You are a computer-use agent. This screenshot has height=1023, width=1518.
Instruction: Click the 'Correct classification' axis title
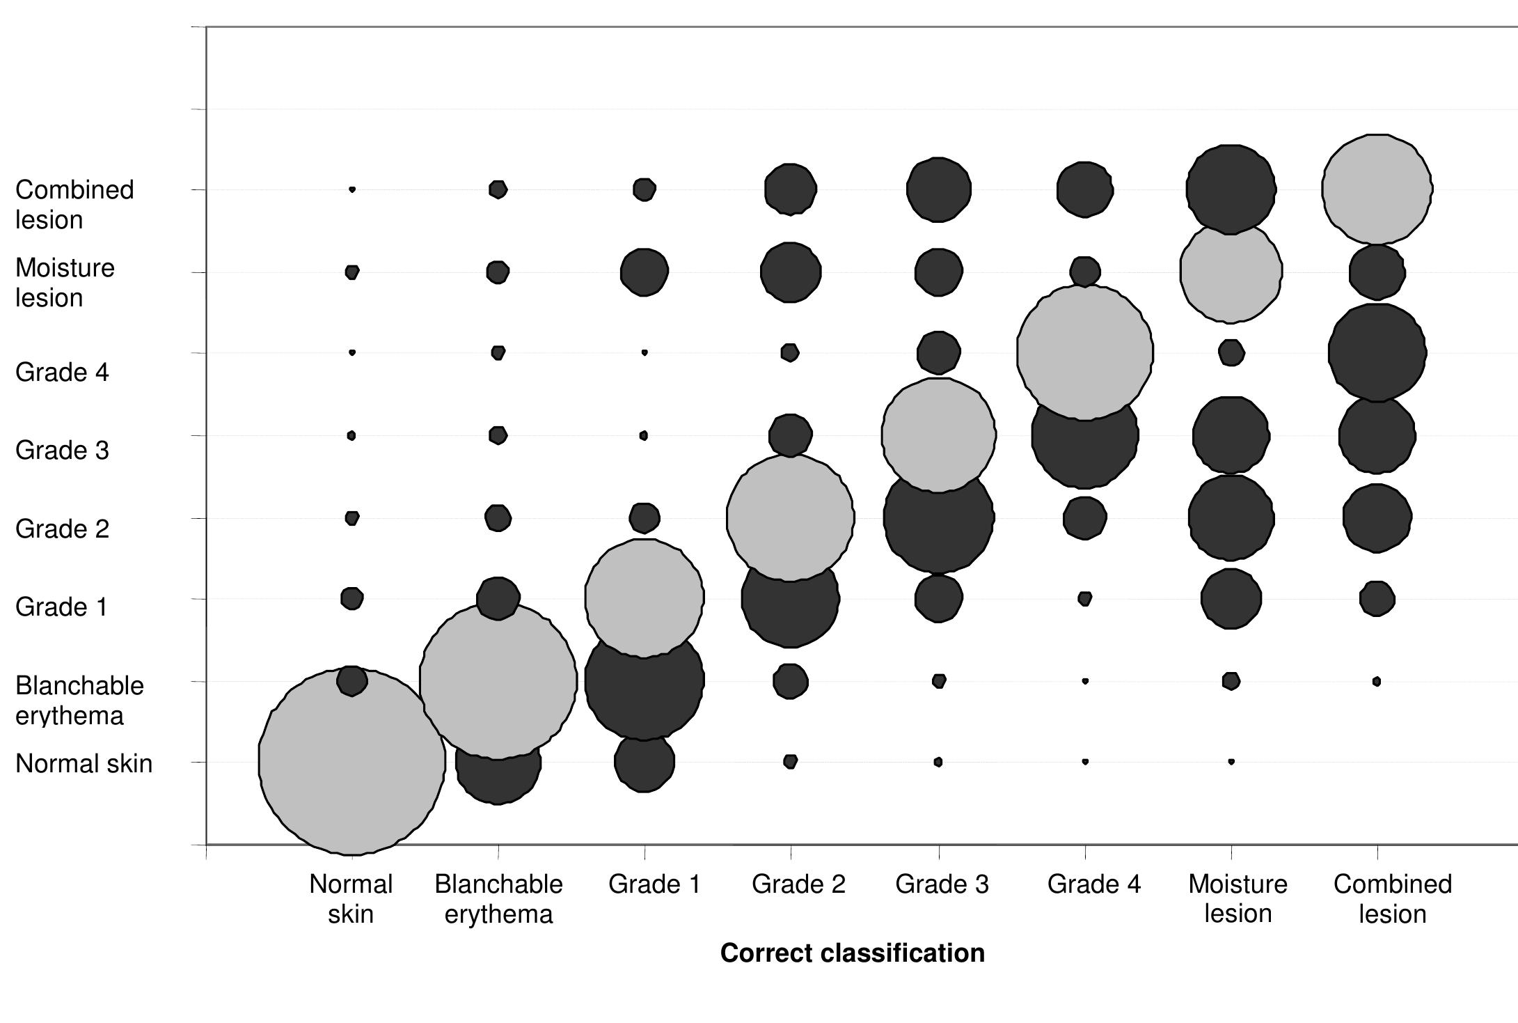point(852,953)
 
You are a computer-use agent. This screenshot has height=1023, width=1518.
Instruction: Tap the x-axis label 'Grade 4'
point(1093,884)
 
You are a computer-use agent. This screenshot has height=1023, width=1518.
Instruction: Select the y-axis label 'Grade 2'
point(62,529)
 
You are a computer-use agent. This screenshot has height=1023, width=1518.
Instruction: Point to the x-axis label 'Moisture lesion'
point(1238,898)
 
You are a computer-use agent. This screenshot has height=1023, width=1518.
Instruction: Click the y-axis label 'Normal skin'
point(84,763)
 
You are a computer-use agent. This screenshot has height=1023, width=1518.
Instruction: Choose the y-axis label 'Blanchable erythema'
point(79,700)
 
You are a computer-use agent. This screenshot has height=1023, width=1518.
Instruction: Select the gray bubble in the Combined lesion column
point(1377,189)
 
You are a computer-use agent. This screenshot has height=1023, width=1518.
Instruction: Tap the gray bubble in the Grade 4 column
point(1084,352)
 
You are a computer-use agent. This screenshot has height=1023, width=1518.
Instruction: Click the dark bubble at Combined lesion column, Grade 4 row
point(1377,352)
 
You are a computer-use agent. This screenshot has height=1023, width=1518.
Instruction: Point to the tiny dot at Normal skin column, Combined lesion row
point(352,189)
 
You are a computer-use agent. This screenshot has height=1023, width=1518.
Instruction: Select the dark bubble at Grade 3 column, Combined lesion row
point(938,189)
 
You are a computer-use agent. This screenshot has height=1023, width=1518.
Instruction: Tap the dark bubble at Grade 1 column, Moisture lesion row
point(644,272)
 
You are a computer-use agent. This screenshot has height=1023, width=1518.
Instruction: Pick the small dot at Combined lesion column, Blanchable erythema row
point(1376,681)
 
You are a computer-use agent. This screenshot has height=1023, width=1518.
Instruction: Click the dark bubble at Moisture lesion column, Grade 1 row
point(1231,598)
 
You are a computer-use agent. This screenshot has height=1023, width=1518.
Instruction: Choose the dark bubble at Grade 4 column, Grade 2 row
point(1084,518)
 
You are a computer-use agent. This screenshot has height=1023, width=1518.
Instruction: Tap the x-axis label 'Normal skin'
point(351,898)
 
